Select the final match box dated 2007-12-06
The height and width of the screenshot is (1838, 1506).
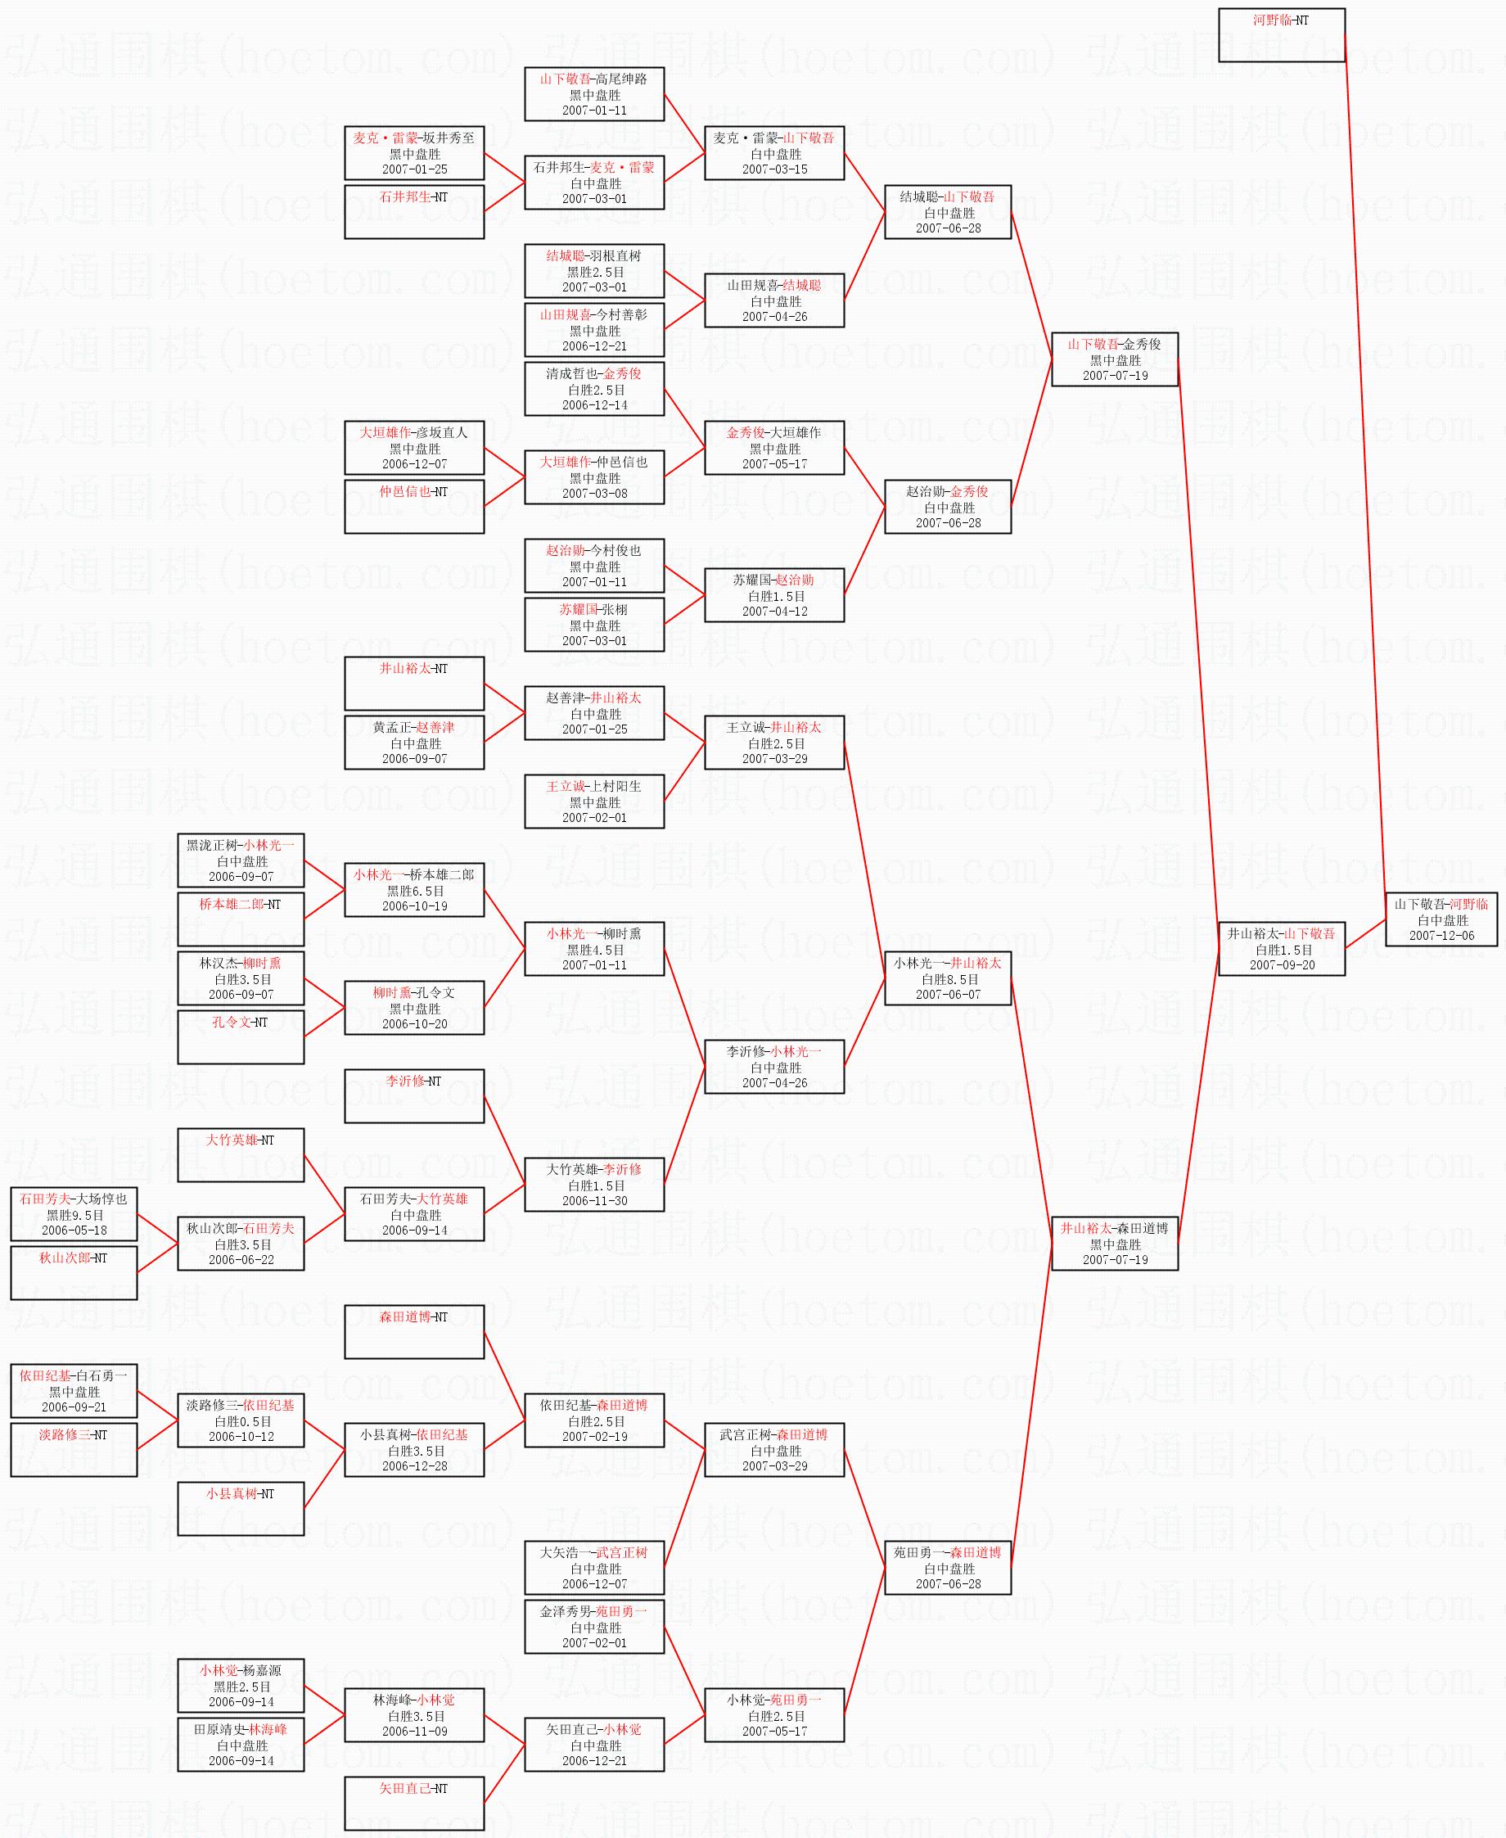(1441, 919)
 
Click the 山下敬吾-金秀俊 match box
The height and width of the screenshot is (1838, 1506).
(1115, 359)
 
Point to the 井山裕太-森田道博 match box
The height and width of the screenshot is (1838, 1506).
(1115, 1244)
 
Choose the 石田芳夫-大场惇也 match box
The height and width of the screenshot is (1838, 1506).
(74, 1214)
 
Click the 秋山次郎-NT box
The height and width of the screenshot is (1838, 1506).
(74, 1273)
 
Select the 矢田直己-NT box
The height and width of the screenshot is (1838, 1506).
(414, 1804)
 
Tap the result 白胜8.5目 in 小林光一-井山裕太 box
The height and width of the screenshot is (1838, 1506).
(948, 979)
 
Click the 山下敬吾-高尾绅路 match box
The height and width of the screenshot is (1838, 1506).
(594, 93)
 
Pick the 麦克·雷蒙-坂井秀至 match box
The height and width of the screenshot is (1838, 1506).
(414, 153)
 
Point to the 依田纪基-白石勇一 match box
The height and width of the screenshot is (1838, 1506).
(74, 1391)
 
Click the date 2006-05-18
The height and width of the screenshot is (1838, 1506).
(74, 1231)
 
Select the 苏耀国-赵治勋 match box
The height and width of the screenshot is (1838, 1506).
(773, 595)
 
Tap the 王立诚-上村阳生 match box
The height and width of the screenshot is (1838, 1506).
(594, 801)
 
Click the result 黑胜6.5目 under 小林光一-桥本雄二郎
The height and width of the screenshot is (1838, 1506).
(415, 891)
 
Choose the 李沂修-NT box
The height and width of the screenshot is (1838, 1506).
(414, 1096)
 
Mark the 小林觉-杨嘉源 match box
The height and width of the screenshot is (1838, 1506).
(241, 1685)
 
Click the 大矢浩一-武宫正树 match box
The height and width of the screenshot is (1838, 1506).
(594, 1567)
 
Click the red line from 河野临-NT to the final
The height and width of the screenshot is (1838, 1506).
(1365, 477)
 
